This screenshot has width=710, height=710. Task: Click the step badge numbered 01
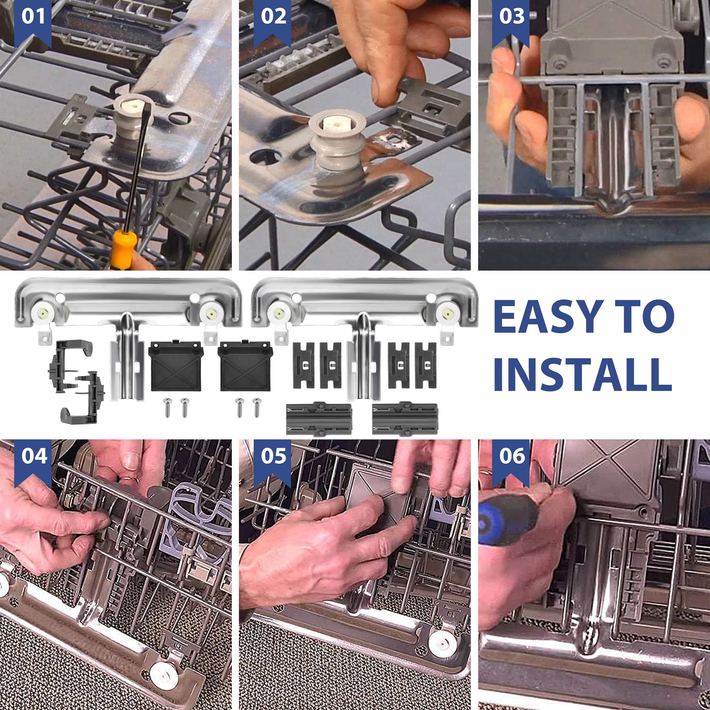click(33, 22)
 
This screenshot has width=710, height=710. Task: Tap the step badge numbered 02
click(272, 22)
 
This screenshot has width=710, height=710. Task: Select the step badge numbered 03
click(511, 22)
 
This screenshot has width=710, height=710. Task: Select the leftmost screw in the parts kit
click(168, 407)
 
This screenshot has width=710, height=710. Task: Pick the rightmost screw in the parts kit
click(256, 407)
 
